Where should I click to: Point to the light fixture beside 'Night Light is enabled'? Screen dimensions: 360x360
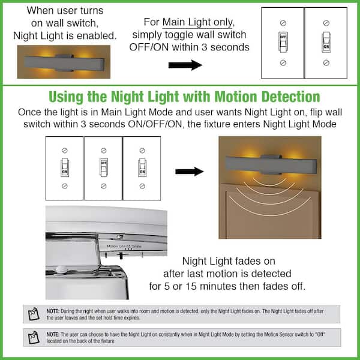click(x=62, y=62)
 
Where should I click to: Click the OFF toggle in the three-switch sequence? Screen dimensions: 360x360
click(x=103, y=165)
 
